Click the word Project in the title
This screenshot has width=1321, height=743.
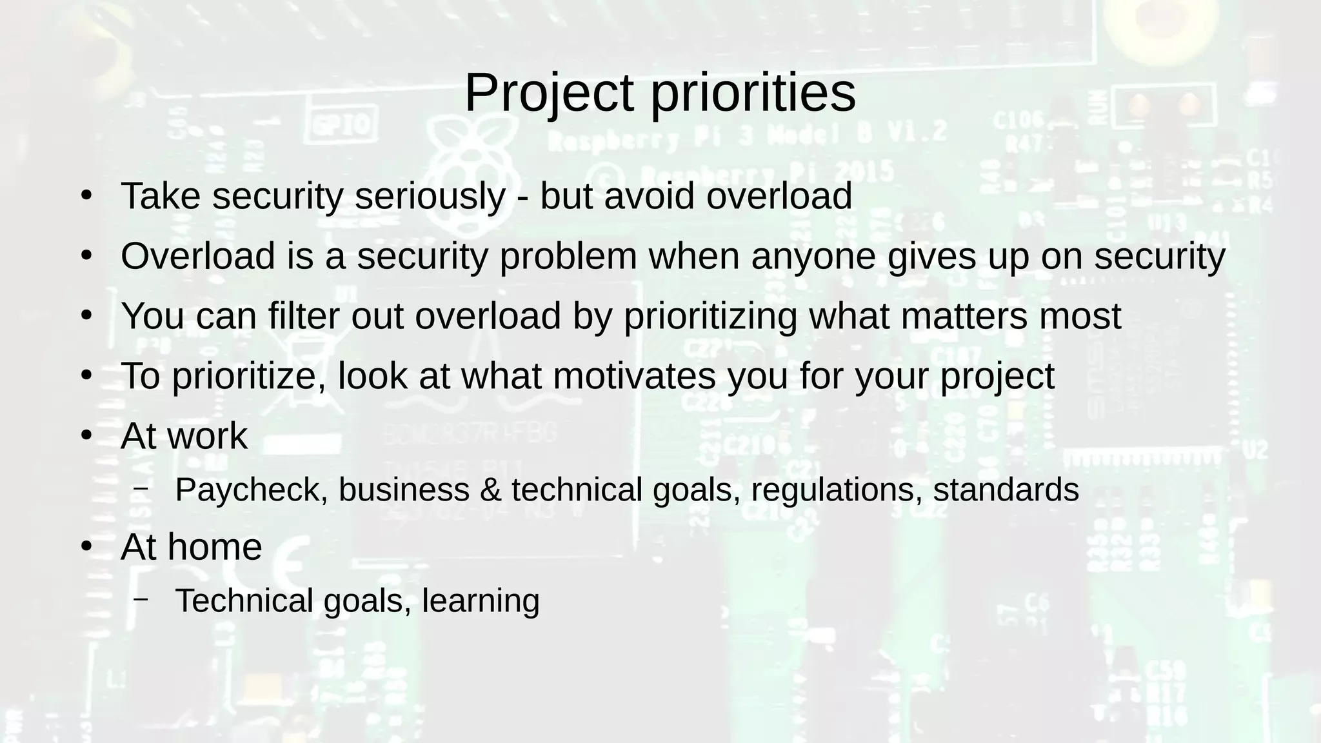[x=549, y=94]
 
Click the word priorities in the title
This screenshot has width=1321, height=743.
[x=753, y=94]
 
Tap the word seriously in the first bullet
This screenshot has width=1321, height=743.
[x=430, y=196]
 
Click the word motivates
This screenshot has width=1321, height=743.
[x=634, y=376]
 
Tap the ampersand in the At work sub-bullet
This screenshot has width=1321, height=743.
[x=491, y=490]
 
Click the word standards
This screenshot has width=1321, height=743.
[x=1006, y=490]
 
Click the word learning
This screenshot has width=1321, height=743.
[x=481, y=601]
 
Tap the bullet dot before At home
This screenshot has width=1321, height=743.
[x=87, y=547]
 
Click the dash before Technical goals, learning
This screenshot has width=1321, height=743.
[x=141, y=599]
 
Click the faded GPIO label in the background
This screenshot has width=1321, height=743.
[x=342, y=124]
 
